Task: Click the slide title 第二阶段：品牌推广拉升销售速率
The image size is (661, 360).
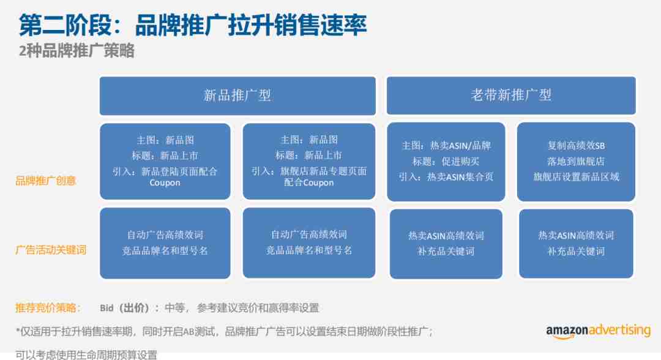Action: point(193,25)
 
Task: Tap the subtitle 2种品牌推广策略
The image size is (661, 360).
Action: point(77,51)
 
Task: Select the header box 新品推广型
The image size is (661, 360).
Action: point(237,96)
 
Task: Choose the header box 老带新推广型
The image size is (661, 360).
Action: point(511,96)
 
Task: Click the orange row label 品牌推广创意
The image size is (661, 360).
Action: point(45,181)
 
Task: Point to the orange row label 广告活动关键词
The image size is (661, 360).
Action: point(51,250)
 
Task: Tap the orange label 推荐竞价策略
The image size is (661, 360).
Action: point(48,308)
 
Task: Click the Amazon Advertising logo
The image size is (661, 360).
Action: point(598,331)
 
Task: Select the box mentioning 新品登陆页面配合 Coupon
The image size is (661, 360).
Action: point(165,162)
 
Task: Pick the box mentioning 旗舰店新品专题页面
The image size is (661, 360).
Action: point(309,162)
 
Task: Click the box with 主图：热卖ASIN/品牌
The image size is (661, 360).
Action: point(446,162)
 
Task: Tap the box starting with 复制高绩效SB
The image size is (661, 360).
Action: point(576,162)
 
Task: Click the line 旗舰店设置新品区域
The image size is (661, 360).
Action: point(577,177)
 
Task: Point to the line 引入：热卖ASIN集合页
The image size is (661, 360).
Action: point(446,177)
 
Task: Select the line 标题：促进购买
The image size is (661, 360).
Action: point(446,162)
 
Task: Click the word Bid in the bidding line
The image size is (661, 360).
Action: point(106,308)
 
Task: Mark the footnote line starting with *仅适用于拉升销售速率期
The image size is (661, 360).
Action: point(224,332)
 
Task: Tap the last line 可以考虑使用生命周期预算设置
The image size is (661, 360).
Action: point(86,355)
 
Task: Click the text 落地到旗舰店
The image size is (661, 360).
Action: point(576,162)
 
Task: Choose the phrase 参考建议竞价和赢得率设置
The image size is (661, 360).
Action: point(258,308)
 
